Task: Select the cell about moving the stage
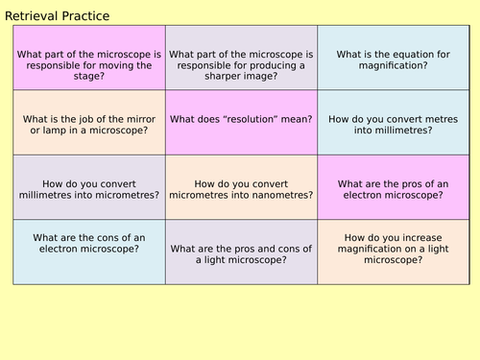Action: (x=89, y=58)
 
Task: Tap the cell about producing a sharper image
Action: (x=241, y=58)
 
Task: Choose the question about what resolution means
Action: (x=241, y=119)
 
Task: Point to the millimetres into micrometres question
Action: (x=89, y=188)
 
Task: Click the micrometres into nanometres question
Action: (x=241, y=188)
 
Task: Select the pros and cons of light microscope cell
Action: (x=241, y=252)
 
